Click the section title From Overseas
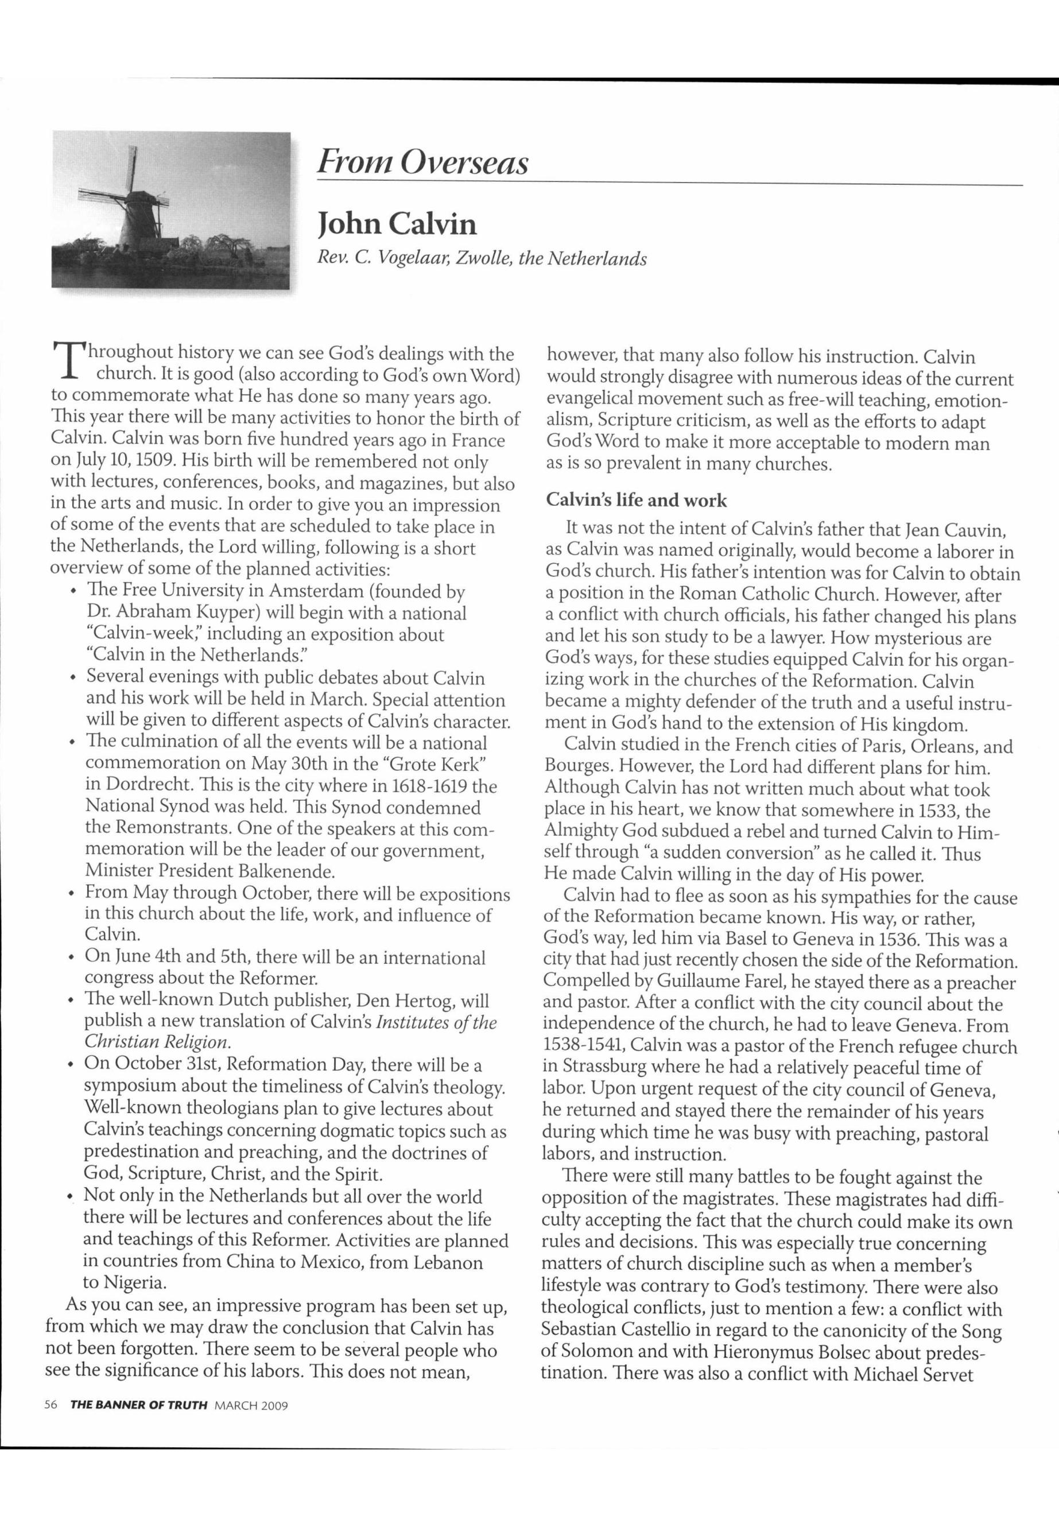point(422,162)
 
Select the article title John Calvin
point(397,224)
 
